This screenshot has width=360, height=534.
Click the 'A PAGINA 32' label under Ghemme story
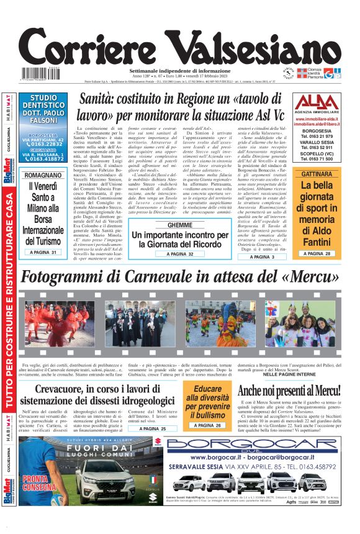[171, 254]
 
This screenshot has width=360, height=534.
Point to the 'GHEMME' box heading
[171, 225]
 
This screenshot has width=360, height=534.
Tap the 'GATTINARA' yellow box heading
[317, 174]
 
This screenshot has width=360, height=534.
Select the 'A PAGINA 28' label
[317, 253]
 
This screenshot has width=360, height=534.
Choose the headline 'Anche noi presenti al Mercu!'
[289, 390]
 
